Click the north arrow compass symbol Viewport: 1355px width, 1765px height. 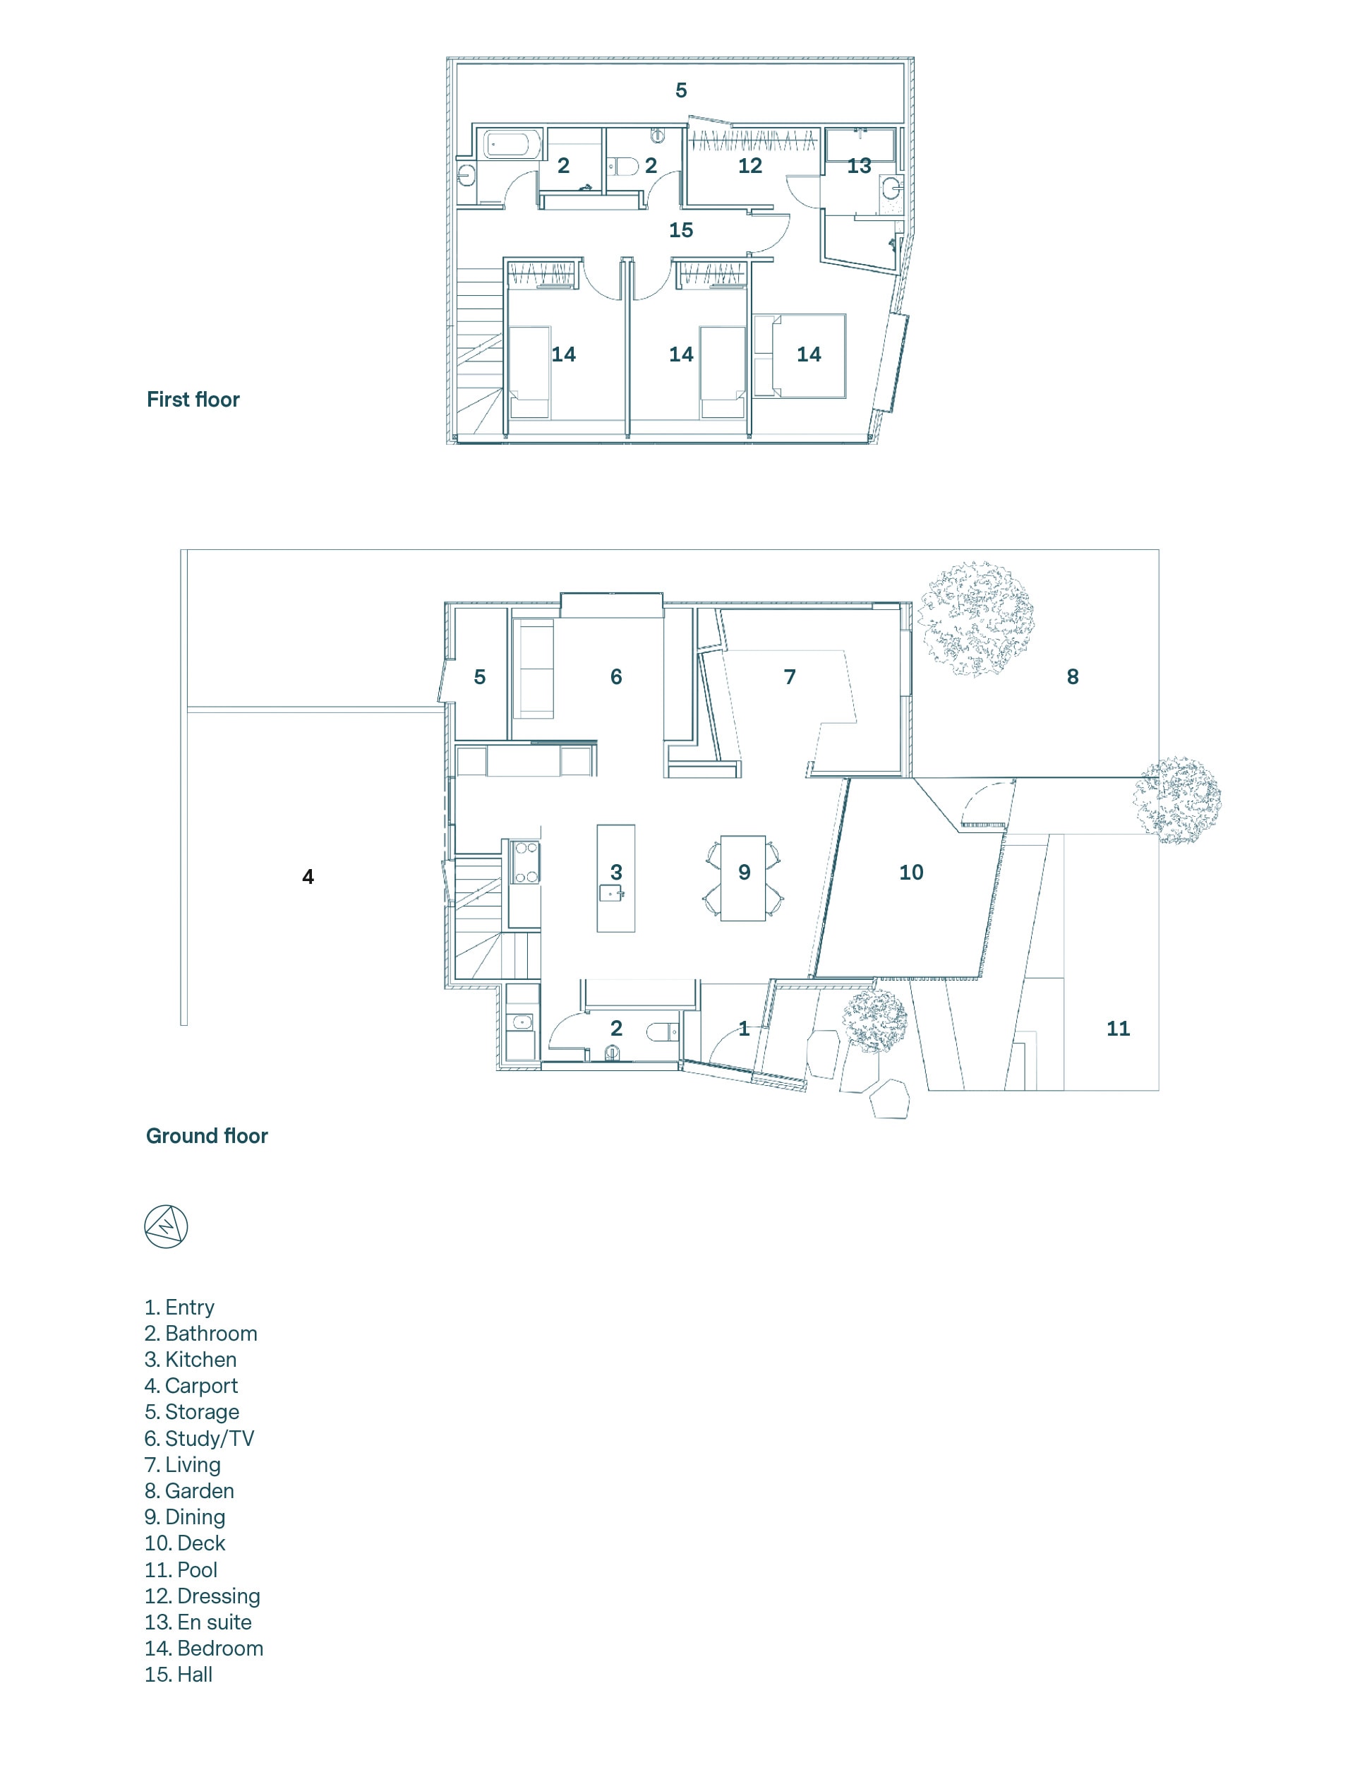166,1227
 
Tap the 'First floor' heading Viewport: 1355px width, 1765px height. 193,400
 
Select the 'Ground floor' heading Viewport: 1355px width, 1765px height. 207,1136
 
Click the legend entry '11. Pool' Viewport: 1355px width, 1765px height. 181,1569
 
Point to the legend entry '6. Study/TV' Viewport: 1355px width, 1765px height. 199,1438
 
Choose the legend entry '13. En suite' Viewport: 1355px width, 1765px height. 198,1622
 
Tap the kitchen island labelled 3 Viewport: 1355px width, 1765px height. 615,878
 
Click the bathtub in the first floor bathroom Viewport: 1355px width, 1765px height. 507,145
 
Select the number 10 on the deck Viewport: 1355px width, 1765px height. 911,872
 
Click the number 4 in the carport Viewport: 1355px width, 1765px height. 308,877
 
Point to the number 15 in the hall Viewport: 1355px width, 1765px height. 681,230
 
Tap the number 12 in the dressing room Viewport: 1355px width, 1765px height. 750,165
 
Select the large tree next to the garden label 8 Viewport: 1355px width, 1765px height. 977,618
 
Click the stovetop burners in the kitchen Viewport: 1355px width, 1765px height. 526,861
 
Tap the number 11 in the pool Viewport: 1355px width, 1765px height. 1118,1029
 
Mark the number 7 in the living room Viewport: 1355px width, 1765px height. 790,677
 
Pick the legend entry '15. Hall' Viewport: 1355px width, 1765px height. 179,1675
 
